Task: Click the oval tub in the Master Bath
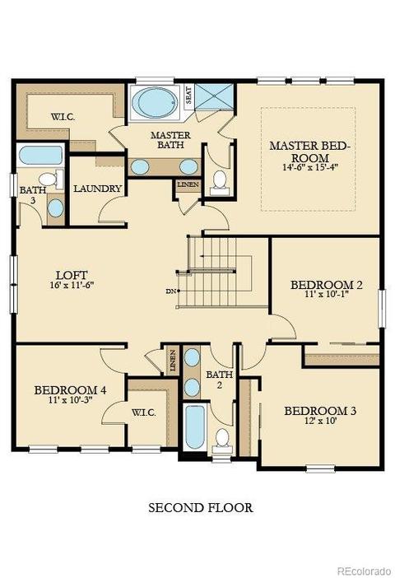pyautogui.click(x=154, y=102)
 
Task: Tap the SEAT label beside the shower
pyautogui.click(x=188, y=95)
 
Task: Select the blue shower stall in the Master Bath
pyautogui.click(x=214, y=96)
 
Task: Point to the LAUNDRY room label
pyautogui.click(x=97, y=189)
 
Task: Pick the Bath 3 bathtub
pyautogui.click(x=41, y=156)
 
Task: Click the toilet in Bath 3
pyautogui.click(x=51, y=179)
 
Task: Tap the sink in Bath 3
pyautogui.click(x=56, y=208)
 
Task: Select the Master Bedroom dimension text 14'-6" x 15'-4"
pyautogui.click(x=309, y=166)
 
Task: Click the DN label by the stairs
pyautogui.click(x=170, y=291)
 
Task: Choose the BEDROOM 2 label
pyautogui.click(x=327, y=285)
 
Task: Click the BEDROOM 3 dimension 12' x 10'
pyautogui.click(x=320, y=421)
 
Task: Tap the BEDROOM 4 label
pyautogui.click(x=70, y=390)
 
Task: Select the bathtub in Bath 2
pyautogui.click(x=194, y=427)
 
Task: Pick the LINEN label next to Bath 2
pyautogui.click(x=173, y=360)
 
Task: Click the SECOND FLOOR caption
pyautogui.click(x=201, y=507)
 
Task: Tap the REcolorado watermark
pyautogui.click(x=365, y=571)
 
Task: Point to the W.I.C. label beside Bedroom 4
pyautogui.click(x=144, y=413)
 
